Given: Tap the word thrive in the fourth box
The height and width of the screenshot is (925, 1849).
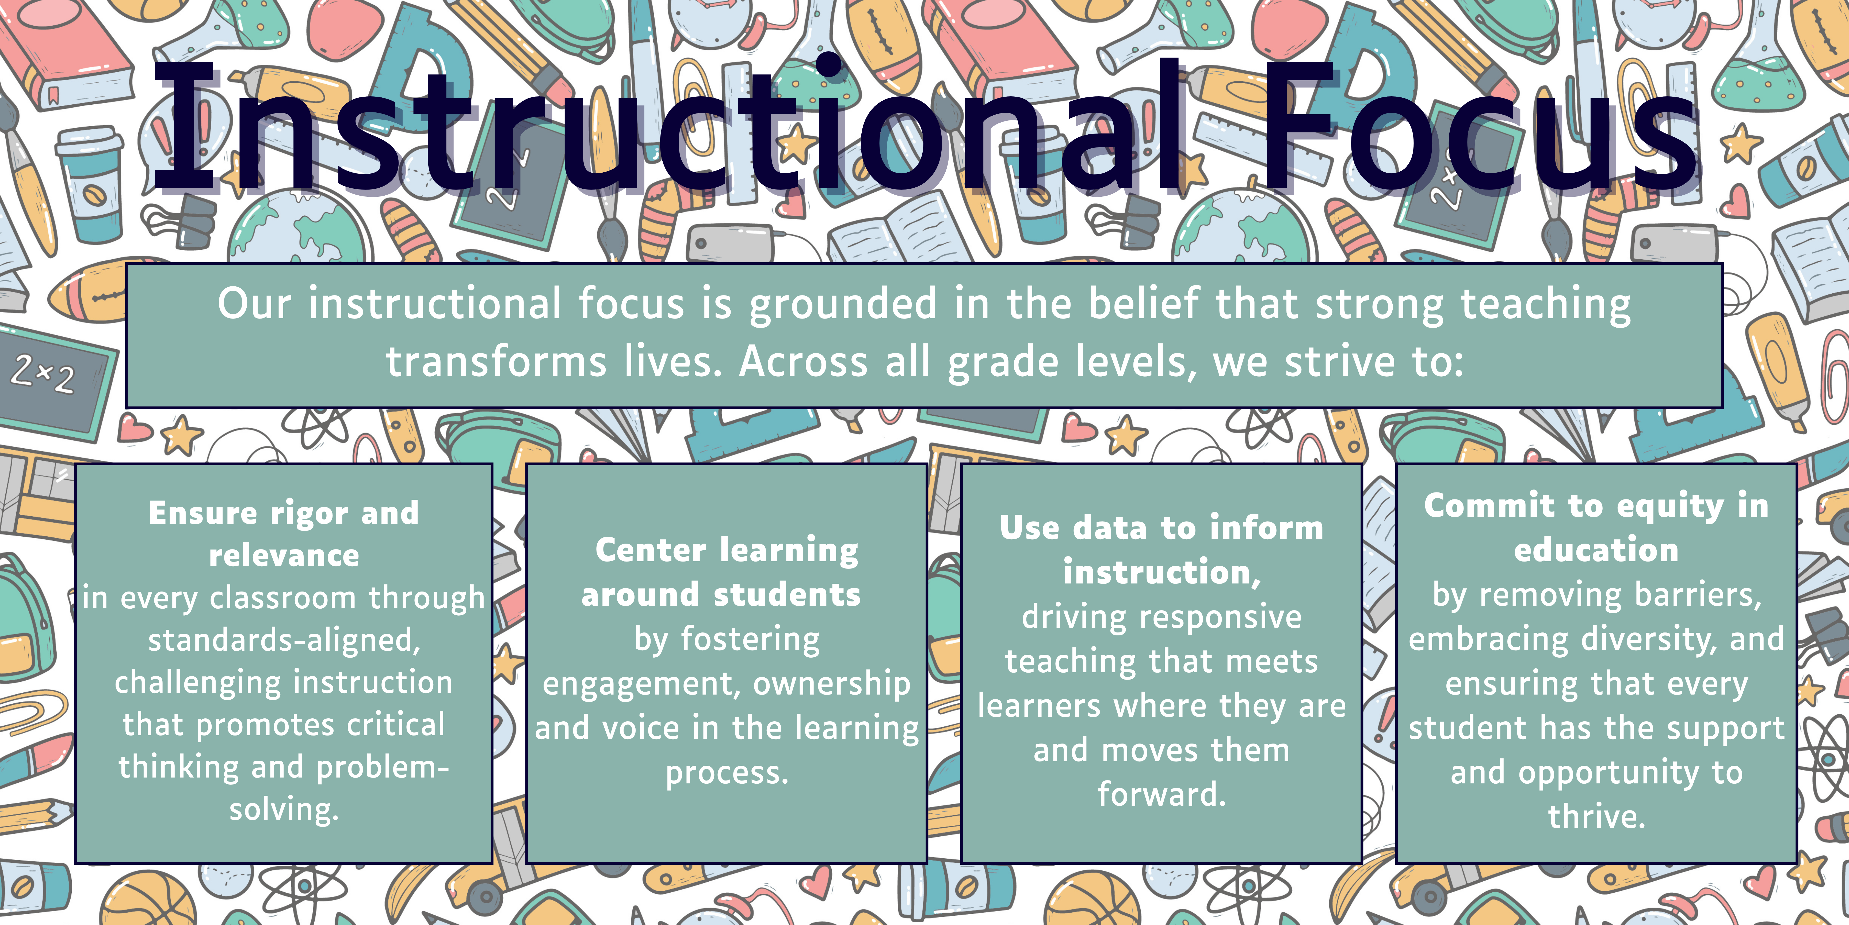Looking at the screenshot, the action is [x=1596, y=817].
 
